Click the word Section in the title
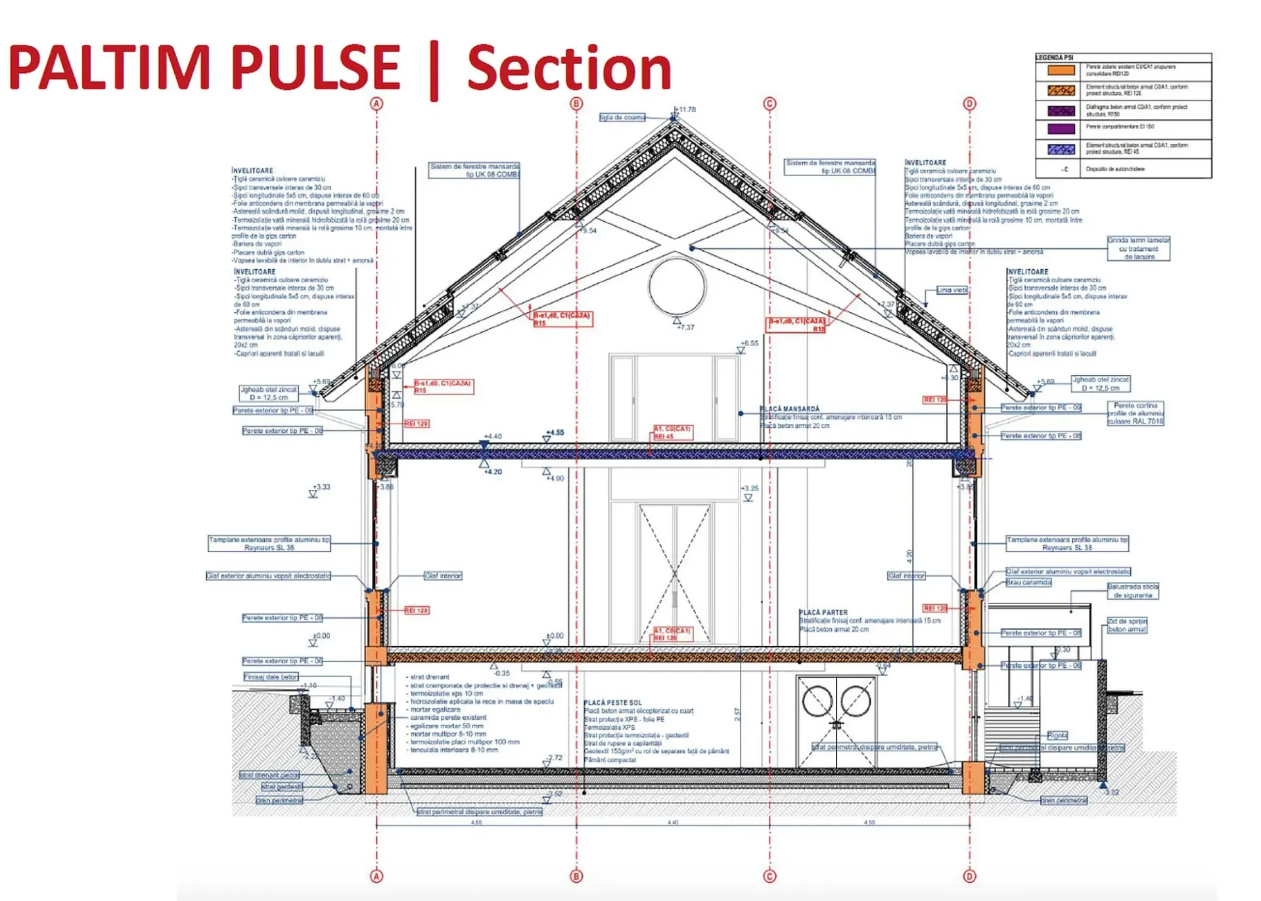tap(569, 68)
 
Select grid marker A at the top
tap(377, 104)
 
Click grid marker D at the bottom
tap(969, 876)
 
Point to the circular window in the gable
tap(677, 287)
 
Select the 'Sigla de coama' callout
tap(622, 118)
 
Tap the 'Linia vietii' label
tap(951, 290)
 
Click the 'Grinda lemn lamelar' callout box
tap(1139, 249)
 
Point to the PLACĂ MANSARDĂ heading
tap(789, 409)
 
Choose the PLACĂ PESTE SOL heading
tap(612, 703)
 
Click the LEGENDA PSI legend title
tap(1054, 58)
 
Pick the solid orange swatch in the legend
tap(1061, 70)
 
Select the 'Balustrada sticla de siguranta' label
tap(1132, 591)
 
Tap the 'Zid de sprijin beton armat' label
tap(1127, 625)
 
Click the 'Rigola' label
tap(1057, 736)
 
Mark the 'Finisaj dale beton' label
tap(271, 677)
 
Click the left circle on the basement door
tap(817, 700)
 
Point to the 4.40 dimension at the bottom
tap(673, 822)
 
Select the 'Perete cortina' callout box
tap(1135, 414)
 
